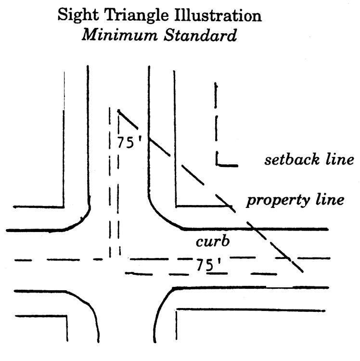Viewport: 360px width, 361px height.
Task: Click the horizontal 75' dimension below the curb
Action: [205, 264]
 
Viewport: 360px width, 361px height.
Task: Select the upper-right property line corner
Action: [176, 206]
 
